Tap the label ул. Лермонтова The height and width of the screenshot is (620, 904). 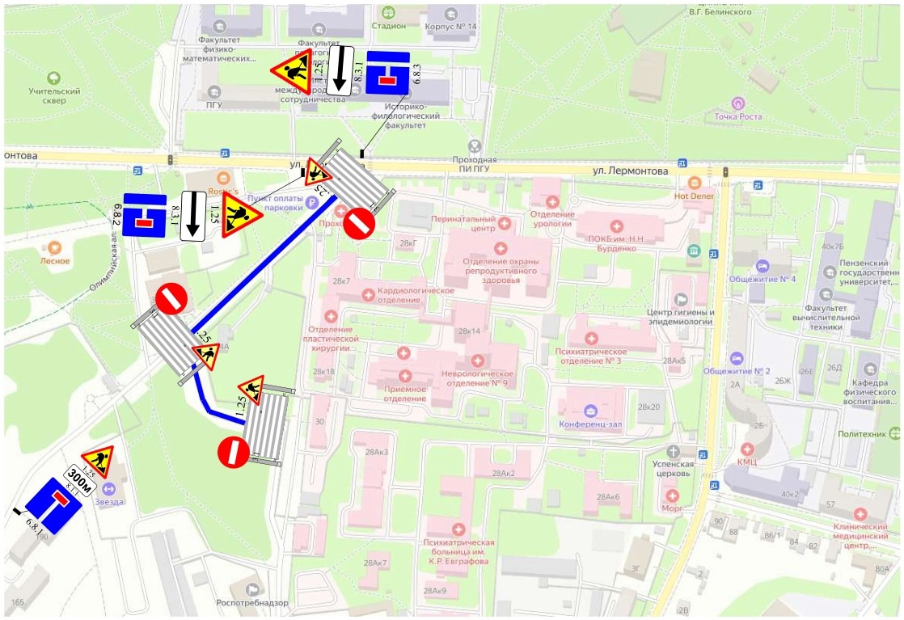point(631,171)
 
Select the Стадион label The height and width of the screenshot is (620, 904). point(389,25)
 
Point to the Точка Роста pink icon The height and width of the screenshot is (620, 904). point(737,103)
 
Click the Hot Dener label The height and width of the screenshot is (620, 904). point(695,196)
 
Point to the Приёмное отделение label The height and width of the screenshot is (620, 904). point(405,393)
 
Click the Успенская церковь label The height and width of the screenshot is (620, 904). point(674,469)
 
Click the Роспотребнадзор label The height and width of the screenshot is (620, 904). point(253,602)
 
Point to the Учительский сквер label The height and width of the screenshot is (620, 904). point(54,96)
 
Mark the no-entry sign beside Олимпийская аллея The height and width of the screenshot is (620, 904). point(171,298)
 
